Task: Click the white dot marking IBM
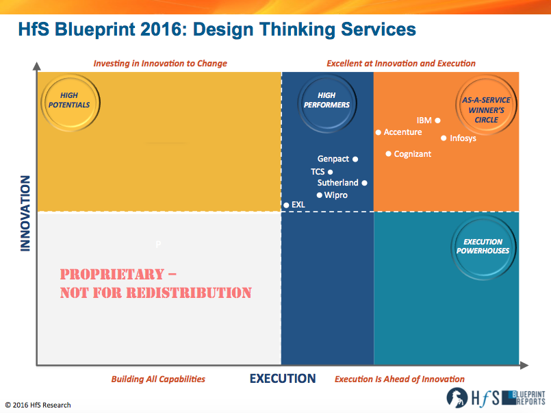click(x=437, y=121)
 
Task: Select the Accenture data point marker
click(x=378, y=132)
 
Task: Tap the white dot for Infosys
click(x=443, y=138)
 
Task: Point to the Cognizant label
click(x=412, y=154)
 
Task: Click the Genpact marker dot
click(x=355, y=159)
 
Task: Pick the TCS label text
click(x=318, y=172)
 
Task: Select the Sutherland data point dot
click(x=364, y=183)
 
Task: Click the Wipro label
click(x=335, y=195)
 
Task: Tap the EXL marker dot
click(x=286, y=205)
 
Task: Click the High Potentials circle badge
click(x=70, y=101)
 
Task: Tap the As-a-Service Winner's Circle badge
click(x=486, y=110)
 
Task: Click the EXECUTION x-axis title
click(x=283, y=379)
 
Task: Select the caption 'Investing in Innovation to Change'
click(x=160, y=64)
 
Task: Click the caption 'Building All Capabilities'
click(x=158, y=379)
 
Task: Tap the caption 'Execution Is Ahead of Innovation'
click(x=399, y=379)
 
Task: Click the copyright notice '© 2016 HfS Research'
click(x=38, y=405)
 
